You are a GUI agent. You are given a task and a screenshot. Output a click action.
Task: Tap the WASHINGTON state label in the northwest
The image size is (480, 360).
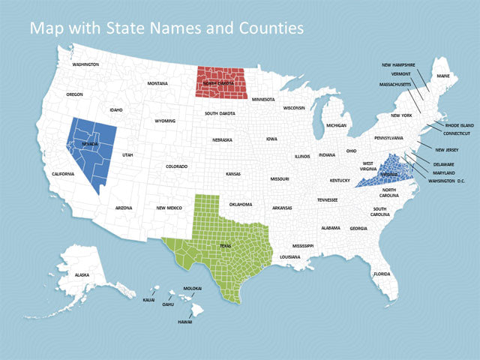(x=85, y=64)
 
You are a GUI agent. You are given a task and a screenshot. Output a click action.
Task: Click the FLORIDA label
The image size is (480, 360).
(x=382, y=274)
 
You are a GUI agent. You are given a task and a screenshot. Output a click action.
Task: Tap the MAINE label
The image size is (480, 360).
(x=443, y=75)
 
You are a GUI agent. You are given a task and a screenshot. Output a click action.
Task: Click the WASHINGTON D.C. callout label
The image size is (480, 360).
(x=447, y=181)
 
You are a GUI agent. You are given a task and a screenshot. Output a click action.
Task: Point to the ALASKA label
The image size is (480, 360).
(x=82, y=275)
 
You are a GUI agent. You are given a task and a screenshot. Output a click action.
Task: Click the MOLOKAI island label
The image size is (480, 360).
(x=193, y=288)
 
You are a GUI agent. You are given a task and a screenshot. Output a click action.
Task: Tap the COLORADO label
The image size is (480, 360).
(x=176, y=166)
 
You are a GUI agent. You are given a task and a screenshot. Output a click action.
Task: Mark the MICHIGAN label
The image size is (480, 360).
(x=336, y=125)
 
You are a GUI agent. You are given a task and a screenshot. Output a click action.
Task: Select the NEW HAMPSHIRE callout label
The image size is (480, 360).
(x=398, y=64)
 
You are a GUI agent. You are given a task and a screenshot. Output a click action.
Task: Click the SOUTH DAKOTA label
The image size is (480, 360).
(x=220, y=113)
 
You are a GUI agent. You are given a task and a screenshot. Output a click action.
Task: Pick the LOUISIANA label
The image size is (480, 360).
(x=289, y=257)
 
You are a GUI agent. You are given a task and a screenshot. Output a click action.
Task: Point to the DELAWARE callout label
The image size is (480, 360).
(x=443, y=164)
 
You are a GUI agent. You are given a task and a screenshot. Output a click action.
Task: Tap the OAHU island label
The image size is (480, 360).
(x=168, y=304)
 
